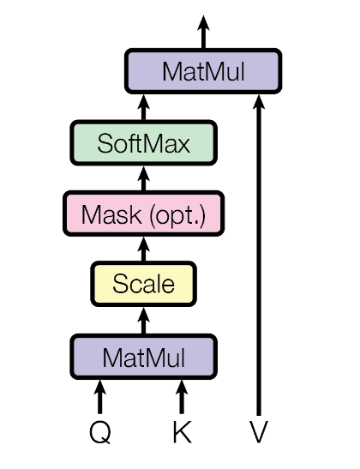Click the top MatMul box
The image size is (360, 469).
(203, 71)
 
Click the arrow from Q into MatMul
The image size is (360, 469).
(100, 398)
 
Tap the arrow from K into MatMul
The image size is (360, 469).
(181, 398)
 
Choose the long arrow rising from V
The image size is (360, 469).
(258, 257)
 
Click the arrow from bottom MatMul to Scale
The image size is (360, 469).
(143, 321)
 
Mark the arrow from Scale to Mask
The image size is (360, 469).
(143, 250)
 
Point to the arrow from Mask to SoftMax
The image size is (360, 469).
(143, 178)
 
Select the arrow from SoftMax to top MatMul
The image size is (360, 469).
(143, 107)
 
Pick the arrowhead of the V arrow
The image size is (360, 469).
(258, 101)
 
